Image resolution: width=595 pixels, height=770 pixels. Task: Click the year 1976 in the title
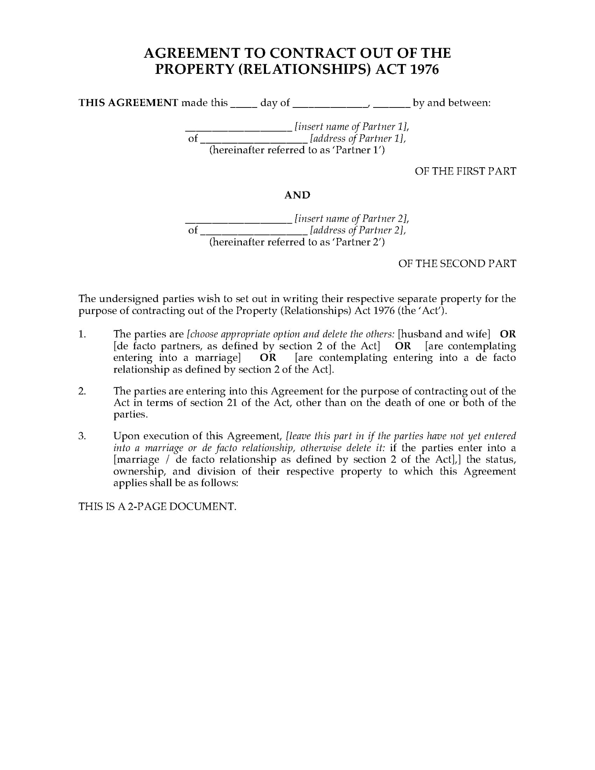click(425, 69)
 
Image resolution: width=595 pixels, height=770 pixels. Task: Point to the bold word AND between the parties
click(297, 195)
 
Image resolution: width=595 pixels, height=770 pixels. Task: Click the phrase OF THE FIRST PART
click(465, 171)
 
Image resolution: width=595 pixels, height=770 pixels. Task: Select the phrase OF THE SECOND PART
click(457, 263)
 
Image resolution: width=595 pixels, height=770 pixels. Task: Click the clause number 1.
click(82, 334)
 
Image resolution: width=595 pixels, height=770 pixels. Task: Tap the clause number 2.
click(82, 391)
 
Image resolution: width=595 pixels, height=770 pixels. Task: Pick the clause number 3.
click(82, 436)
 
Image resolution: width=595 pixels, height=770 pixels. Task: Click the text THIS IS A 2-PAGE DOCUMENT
click(157, 506)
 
